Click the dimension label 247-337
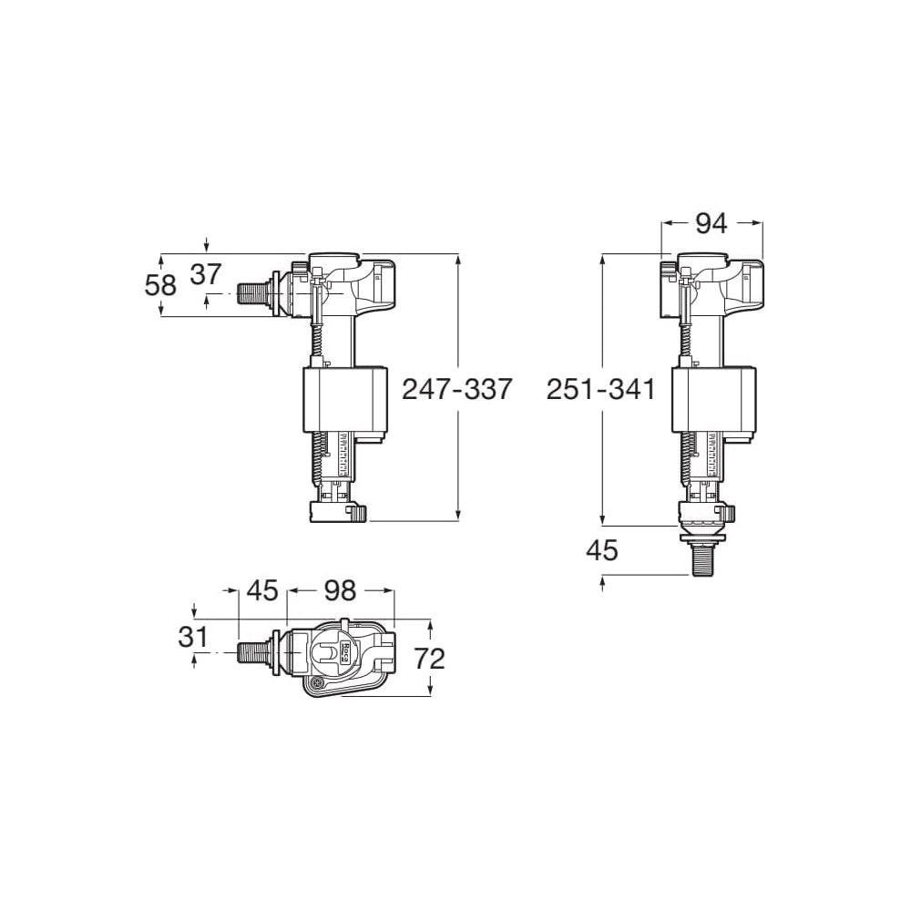point(456,389)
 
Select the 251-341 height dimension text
point(600,389)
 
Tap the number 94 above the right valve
point(711,223)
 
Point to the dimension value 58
point(160,284)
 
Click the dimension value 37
point(207,273)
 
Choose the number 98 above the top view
point(340,590)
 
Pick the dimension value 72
point(429,659)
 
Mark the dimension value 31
point(193,637)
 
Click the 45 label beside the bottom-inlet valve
point(602,550)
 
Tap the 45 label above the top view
point(263,590)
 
